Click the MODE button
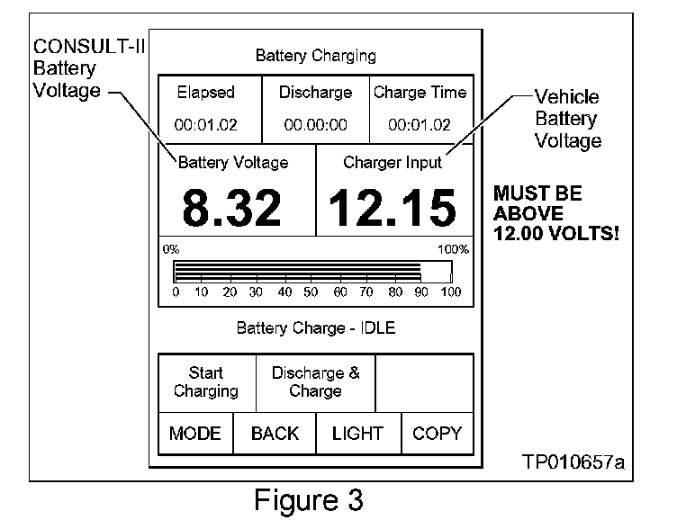(x=194, y=434)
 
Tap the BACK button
(x=275, y=434)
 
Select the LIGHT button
(x=357, y=434)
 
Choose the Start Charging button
(x=206, y=382)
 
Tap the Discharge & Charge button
(x=315, y=382)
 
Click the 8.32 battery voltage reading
(x=233, y=208)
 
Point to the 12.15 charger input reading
(x=392, y=208)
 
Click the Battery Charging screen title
(x=315, y=56)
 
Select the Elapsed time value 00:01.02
(x=205, y=125)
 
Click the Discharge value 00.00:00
(x=315, y=125)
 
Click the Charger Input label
(x=393, y=163)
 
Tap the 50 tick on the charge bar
(x=312, y=291)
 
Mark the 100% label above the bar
(x=453, y=249)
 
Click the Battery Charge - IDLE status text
(x=315, y=327)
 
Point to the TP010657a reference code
(x=573, y=462)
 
